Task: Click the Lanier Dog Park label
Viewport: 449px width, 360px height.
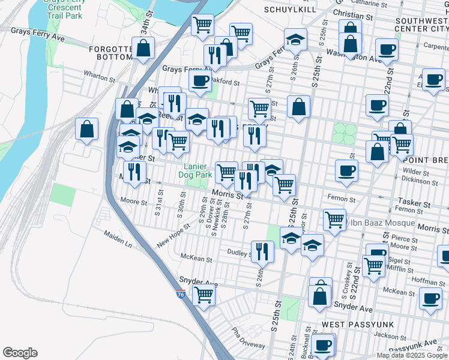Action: point(196,171)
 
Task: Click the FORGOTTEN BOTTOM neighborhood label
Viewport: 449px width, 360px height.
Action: point(111,53)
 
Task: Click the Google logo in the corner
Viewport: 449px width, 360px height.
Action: point(20,353)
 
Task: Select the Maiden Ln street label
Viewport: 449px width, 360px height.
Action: point(117,239)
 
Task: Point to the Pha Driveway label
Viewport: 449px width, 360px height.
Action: point(249,340)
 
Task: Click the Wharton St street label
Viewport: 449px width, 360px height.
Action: point(99,77)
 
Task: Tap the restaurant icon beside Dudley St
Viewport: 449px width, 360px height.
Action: point(262,251)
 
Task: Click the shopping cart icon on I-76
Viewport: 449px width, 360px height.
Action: point(203,295)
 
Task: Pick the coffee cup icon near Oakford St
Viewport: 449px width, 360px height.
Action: point(200,79)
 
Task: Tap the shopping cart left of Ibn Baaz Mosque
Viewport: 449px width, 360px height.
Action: point(334,219)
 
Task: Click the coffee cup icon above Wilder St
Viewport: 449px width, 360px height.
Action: point(346,170)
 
